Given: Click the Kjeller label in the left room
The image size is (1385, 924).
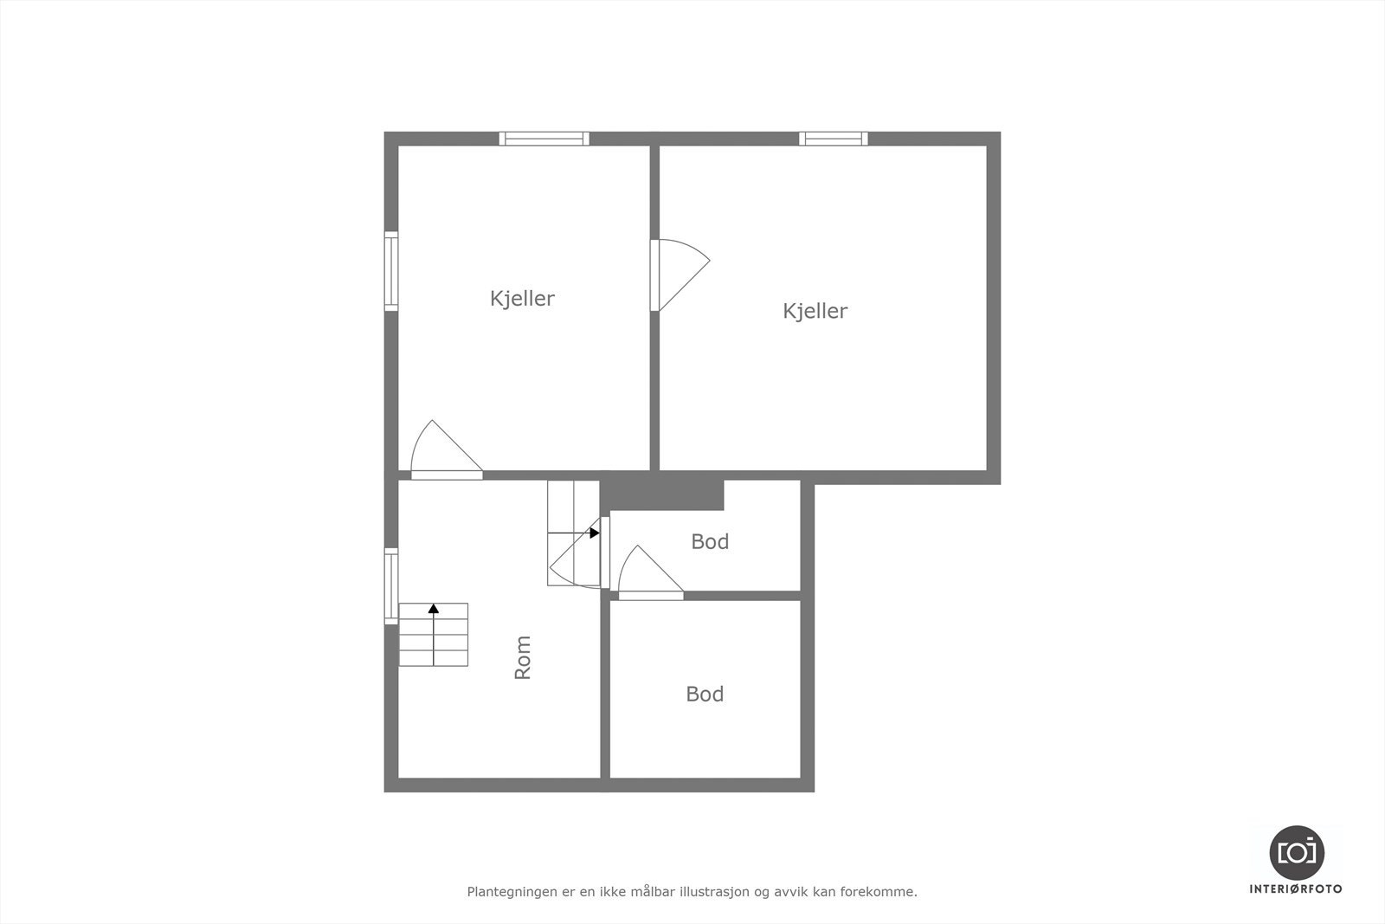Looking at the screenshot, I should (x=522, y=299).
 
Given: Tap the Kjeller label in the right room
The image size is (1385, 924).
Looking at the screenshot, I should (x=815, y=311).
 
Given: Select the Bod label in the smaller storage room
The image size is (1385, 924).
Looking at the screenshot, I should (x=710, y=542).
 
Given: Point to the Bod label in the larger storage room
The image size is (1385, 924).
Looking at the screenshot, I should (x=705, y=695).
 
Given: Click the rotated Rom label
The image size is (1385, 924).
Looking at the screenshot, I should (x=523, y=657).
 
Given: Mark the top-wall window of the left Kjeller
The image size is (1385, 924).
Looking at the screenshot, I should (x=544, y=139).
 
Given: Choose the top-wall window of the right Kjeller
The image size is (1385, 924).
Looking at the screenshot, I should (x=833, y=139).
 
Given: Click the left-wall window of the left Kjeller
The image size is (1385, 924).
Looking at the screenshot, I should (x=391, y=271).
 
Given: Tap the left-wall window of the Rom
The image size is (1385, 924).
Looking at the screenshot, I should (x=391, y=586).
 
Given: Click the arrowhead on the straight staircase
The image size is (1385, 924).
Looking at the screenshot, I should (x=434, y=609).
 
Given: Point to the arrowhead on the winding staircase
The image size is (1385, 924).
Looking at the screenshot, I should (x=595, y=533).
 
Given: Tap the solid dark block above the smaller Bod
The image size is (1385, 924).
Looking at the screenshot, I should (x=663, y=494).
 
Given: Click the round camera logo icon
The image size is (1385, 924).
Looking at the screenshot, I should (x=1297, y=852).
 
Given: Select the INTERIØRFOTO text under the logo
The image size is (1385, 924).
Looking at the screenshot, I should (x=1296, y=888).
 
